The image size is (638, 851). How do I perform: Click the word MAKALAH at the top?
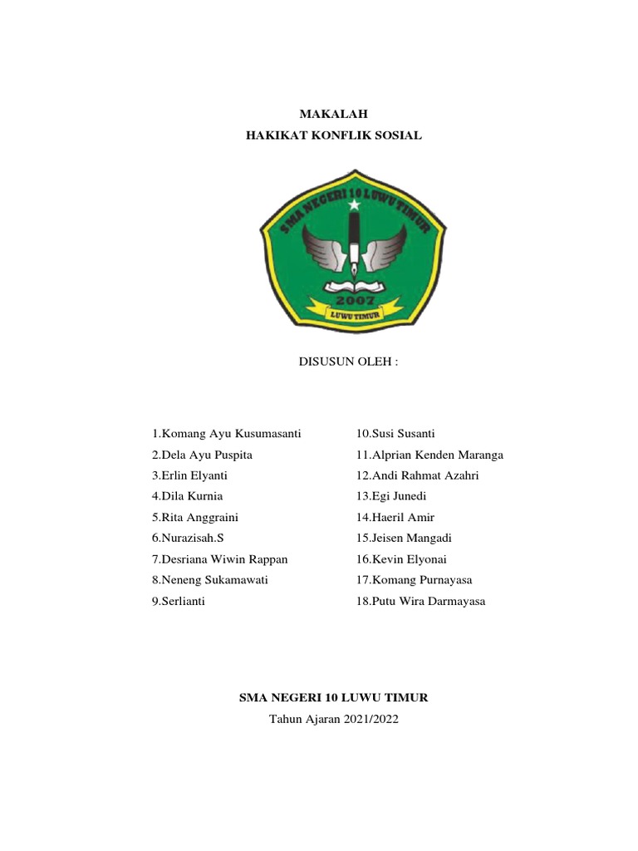coord(333,114)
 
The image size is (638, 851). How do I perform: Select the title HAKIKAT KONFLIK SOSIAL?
coord(334,135)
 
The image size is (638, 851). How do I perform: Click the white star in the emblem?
coord(355,204)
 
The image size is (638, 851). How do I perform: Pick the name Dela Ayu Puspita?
coord(202,455)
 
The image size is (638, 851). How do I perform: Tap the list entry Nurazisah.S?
coord(189,538)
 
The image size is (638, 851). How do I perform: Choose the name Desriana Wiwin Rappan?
coord(219,558)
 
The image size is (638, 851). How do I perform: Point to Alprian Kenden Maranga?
coord(429,455)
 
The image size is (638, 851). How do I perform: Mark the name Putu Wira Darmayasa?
coord(420,601)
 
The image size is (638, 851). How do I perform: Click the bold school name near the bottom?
coord(333,698)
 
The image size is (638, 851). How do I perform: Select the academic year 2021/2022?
coord(334,719)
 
